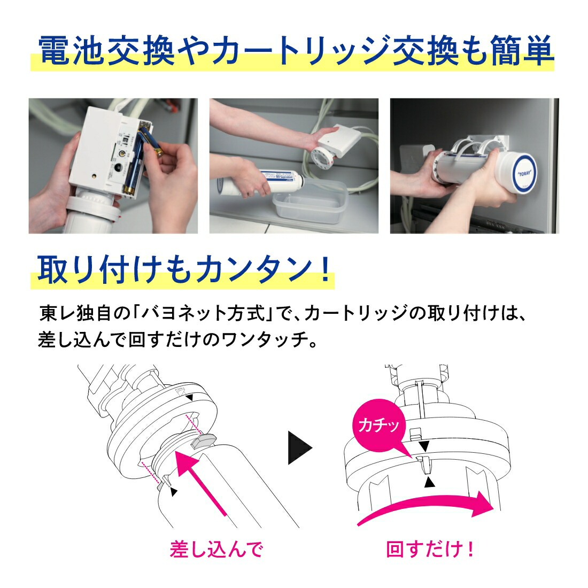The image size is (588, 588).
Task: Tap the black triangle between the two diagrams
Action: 299,447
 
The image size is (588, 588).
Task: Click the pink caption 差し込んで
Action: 216,550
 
